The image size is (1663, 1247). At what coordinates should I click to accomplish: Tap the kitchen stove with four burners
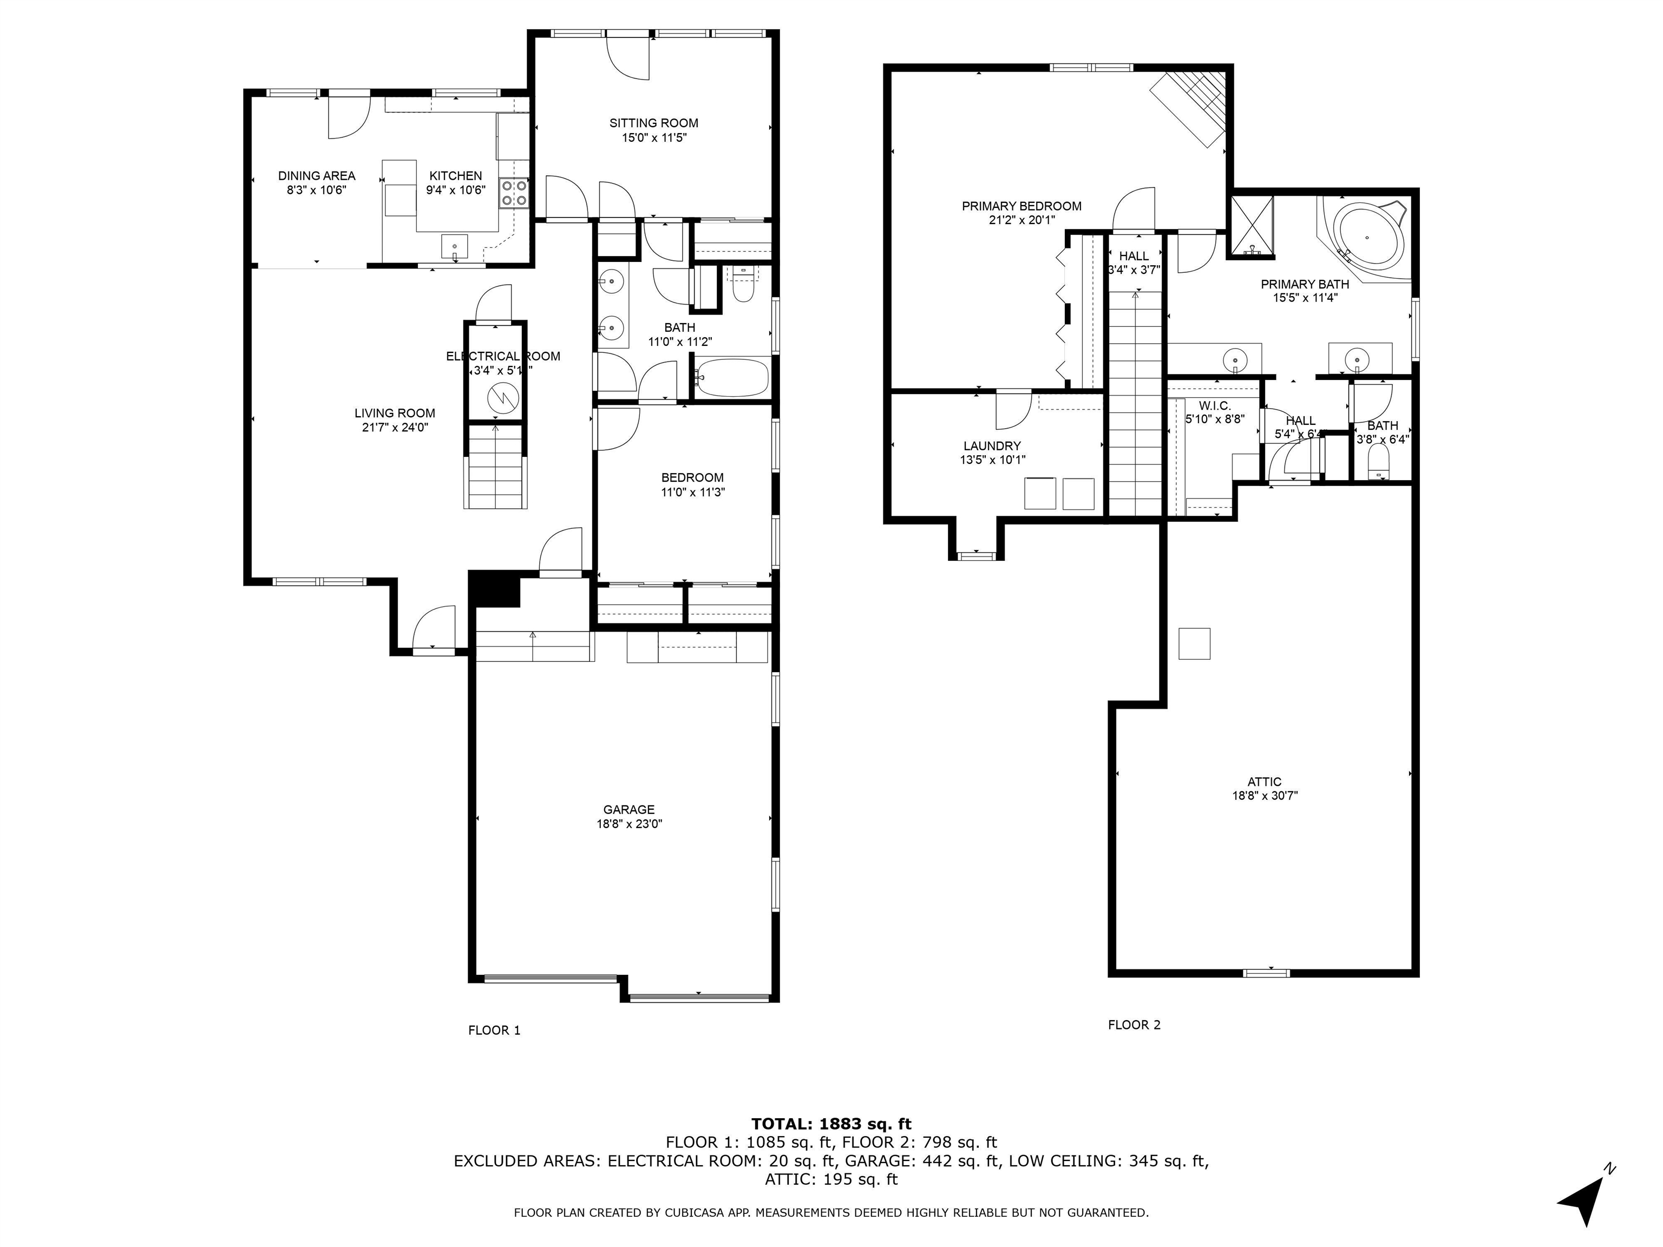[x=514, y=193]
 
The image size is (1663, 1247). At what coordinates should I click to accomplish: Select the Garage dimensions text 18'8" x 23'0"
[x=629, y=824]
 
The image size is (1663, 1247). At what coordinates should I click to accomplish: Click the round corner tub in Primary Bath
[x=1369, y=237]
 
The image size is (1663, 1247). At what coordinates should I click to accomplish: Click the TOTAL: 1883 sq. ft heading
[x=831, y=1124]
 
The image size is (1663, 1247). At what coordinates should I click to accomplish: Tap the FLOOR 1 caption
[x=494, y=1030]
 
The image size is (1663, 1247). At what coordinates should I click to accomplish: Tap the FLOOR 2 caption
[x=1134, y=1025]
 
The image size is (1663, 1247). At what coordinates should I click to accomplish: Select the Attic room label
[x=1265, y=782]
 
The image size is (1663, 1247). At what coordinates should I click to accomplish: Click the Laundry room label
[x=992, y=446]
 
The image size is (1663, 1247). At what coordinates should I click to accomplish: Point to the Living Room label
[x=395, y=412]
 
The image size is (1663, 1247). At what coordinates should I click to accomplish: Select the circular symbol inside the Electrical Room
[x=501, y=396]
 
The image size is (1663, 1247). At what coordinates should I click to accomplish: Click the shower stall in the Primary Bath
[x=1251, y=226]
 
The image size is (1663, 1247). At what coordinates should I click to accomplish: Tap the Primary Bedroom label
[x=1022, y=206]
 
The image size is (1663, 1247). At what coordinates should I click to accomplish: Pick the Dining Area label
[x=317, y=176]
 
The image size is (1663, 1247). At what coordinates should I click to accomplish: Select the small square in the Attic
[x=1194, y=644]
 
